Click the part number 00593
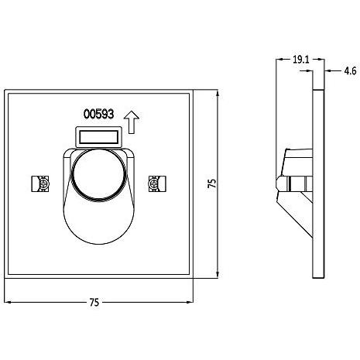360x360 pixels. pos(98,114)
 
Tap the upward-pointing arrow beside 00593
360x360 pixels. pos(132,122)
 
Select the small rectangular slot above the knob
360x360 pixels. pos(98,137)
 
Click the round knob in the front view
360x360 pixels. pos(98,175)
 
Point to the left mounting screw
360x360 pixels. pos(40,183)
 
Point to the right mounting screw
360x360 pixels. pos(157,183)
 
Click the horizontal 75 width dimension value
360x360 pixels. pos(94,302)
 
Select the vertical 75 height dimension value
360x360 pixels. pos(211,183)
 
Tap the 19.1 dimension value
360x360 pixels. pos(300,60)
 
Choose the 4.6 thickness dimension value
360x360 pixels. pos(350,70)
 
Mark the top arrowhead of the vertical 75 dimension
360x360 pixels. pos(218,93)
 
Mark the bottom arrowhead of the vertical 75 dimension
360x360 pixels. pos(218,275)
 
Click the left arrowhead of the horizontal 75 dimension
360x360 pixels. pos(8,302)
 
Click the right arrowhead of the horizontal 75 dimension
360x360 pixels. pos(190,302)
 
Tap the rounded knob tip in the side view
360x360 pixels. pos(279,183)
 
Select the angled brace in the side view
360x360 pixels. pos(296,215)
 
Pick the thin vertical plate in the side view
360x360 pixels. pos(318,183)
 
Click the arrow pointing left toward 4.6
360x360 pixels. pos(333,70)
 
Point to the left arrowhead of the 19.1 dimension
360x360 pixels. pos(279,60)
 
